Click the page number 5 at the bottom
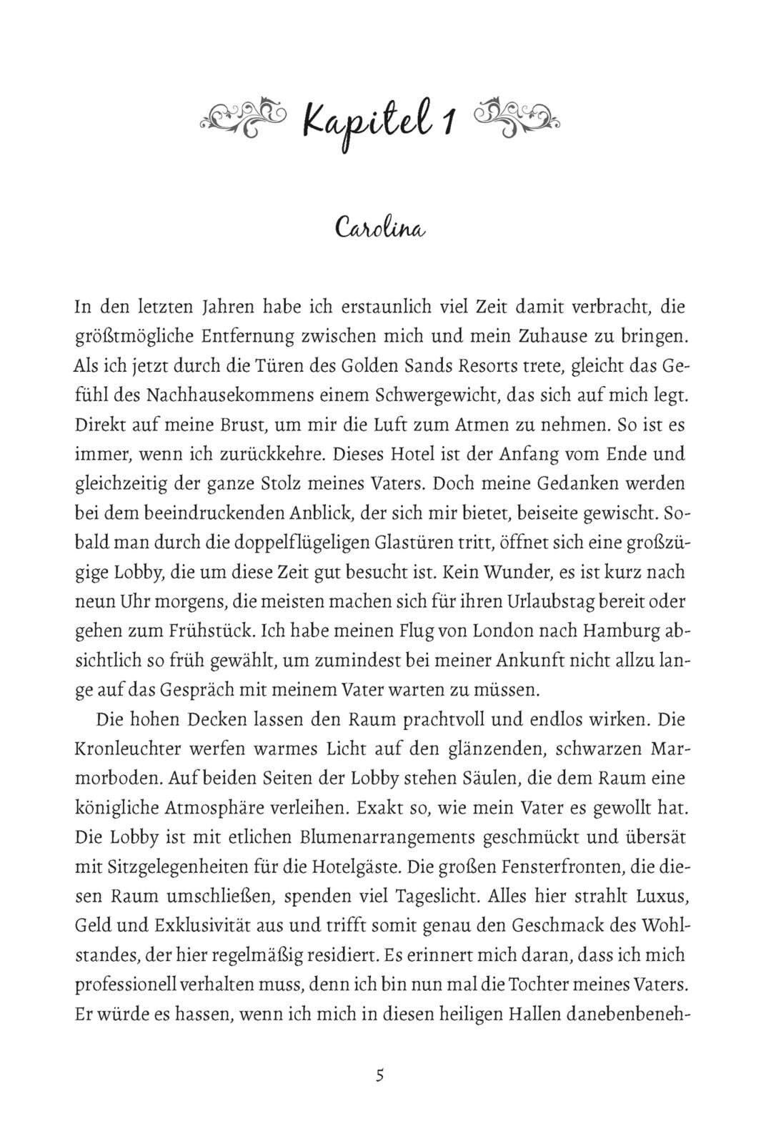(380, 1075)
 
